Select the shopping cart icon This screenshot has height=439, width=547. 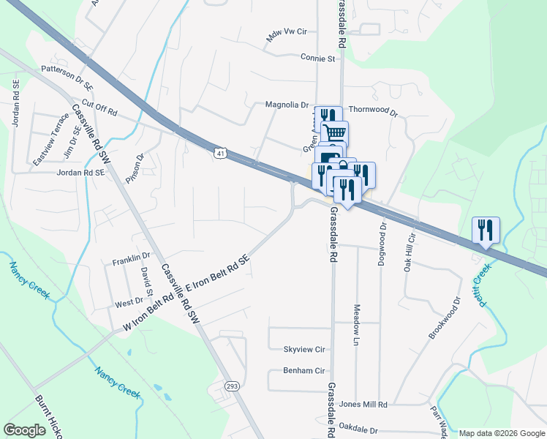pos(334,133)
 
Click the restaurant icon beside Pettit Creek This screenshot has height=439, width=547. pos(486,230)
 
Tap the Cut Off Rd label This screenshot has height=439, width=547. pos(100,108)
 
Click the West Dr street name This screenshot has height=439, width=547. pos(129,302)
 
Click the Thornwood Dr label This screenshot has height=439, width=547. pos(372,113)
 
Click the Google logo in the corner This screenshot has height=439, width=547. pos(25,429)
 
